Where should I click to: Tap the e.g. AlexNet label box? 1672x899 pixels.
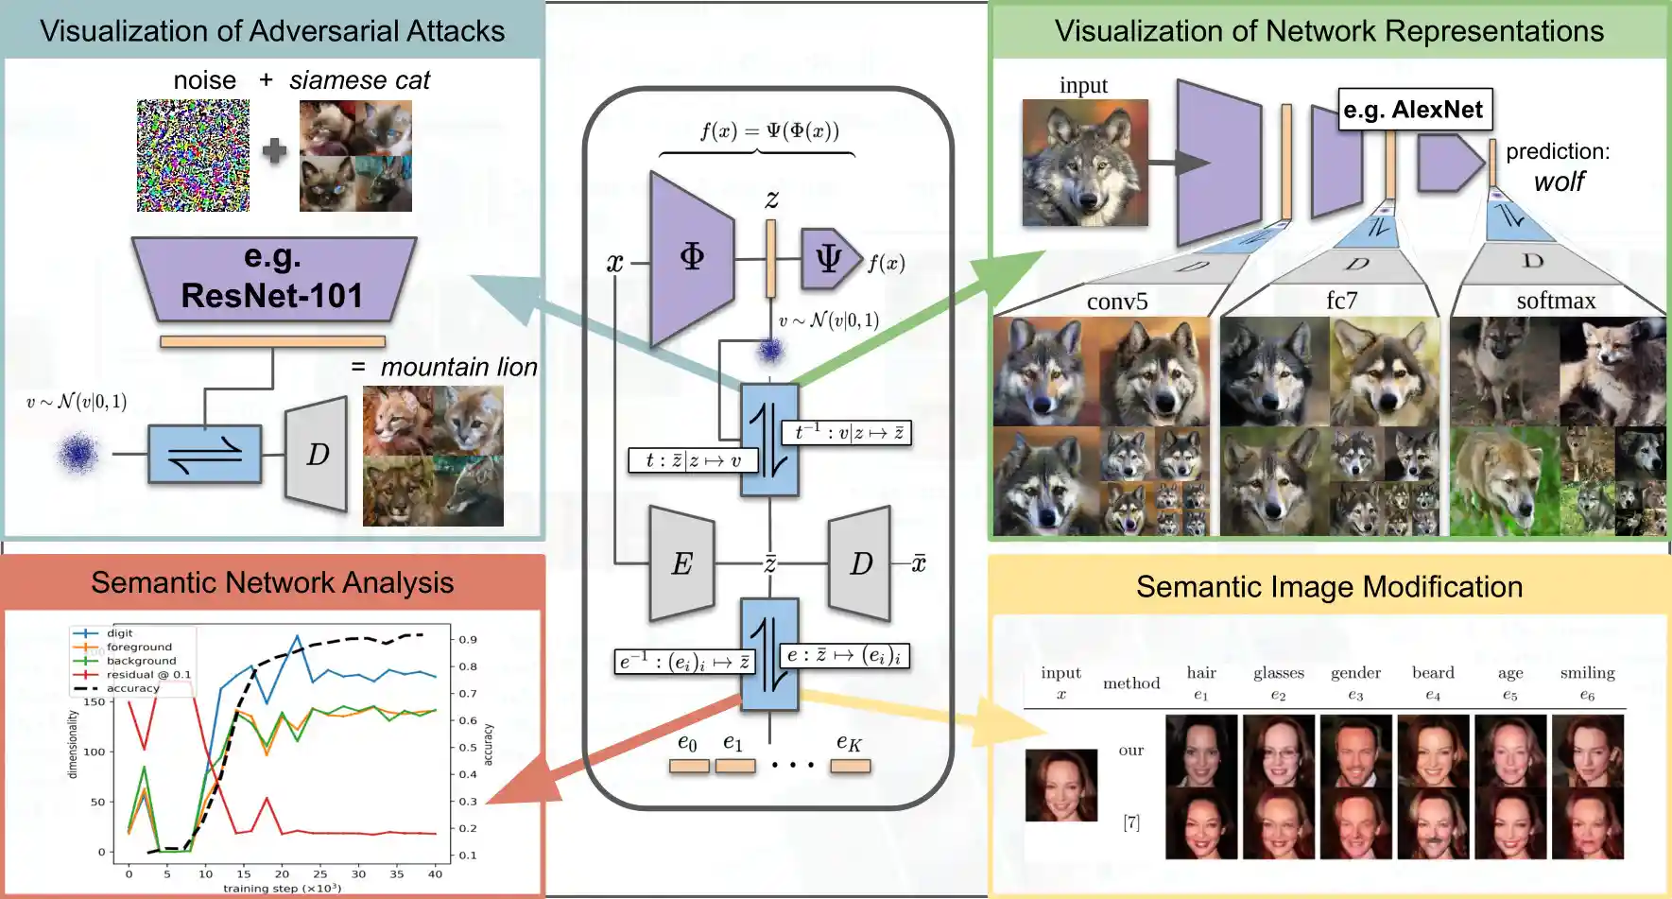pyautogui.click(x=1414, y=110)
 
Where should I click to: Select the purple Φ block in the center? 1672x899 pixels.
pyautogui.click(x=692, y=257)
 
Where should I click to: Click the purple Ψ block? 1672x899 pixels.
pyautogui.click(x=829, y=258)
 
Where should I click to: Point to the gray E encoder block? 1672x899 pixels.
pyautogui.click(x=681, y=563)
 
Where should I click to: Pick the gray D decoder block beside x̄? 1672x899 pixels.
pyautogui.click(x=860, y=563)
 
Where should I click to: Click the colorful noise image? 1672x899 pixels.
pyautogui.click(x=194, y=156)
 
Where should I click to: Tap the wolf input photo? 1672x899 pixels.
pyautogui.click(x=1085, y=163)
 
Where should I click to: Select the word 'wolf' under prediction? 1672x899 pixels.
pyautogui.click(x=1559, y=182)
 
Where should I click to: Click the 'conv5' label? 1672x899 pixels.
pyautogui.click(x=1117, y=302)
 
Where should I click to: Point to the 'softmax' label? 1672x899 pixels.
pyautogui.click(x=1556, y=301)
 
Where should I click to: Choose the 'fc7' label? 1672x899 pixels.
pyautogui.click(x=1341, y=301)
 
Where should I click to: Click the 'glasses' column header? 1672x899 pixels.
pyautogui.click(x=1279, y=673)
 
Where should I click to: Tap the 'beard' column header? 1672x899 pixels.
pyautogui.click(x=1433, y=673)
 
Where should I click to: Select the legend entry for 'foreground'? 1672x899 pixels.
pyautogui.click(x=139, y=648)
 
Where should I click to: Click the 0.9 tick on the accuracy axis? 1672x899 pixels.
pyautogui.click(x=468, y=640)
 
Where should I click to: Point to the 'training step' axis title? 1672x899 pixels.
pyautogui.click(x=282, y=889)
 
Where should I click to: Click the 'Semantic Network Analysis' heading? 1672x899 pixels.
pyautogui.click(x=272, y=582)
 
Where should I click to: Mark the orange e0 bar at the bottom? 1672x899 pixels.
pyautogui.click(x=689, y=766)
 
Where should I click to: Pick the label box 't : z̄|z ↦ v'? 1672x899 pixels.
pyautogui.click(x=694, y=460)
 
